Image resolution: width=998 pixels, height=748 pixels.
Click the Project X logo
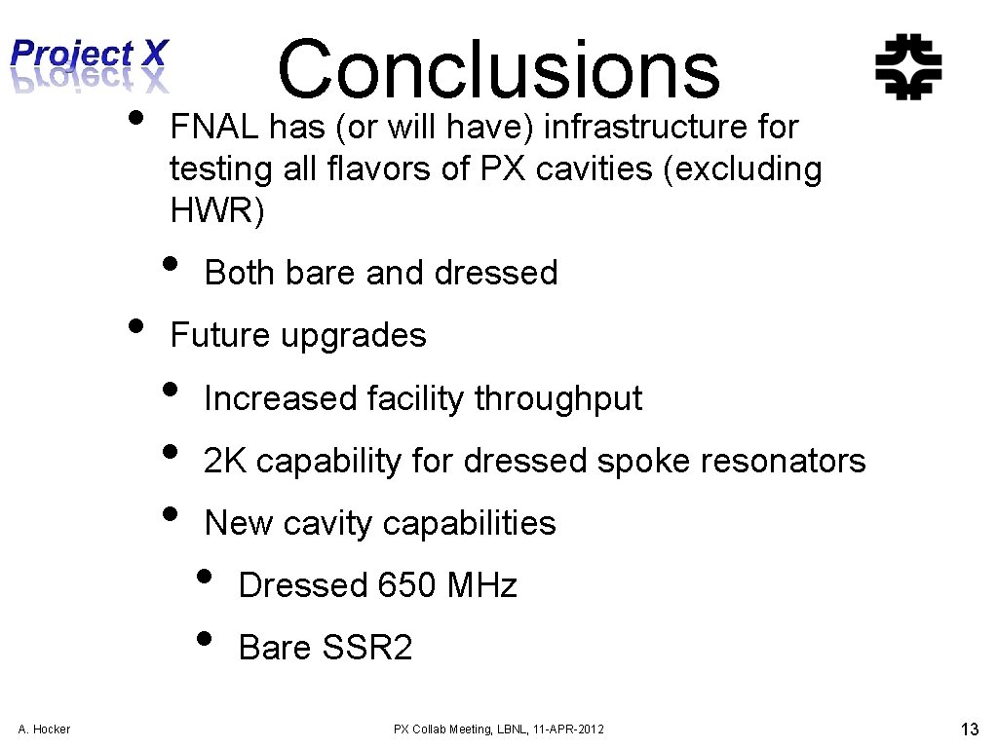[90, 64]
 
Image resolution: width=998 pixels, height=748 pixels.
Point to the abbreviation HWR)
[216, 210]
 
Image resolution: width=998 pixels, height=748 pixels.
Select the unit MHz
[481, 585]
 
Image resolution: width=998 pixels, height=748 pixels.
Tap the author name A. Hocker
[44, 729]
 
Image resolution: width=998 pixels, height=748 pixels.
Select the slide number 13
[969, 728]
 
